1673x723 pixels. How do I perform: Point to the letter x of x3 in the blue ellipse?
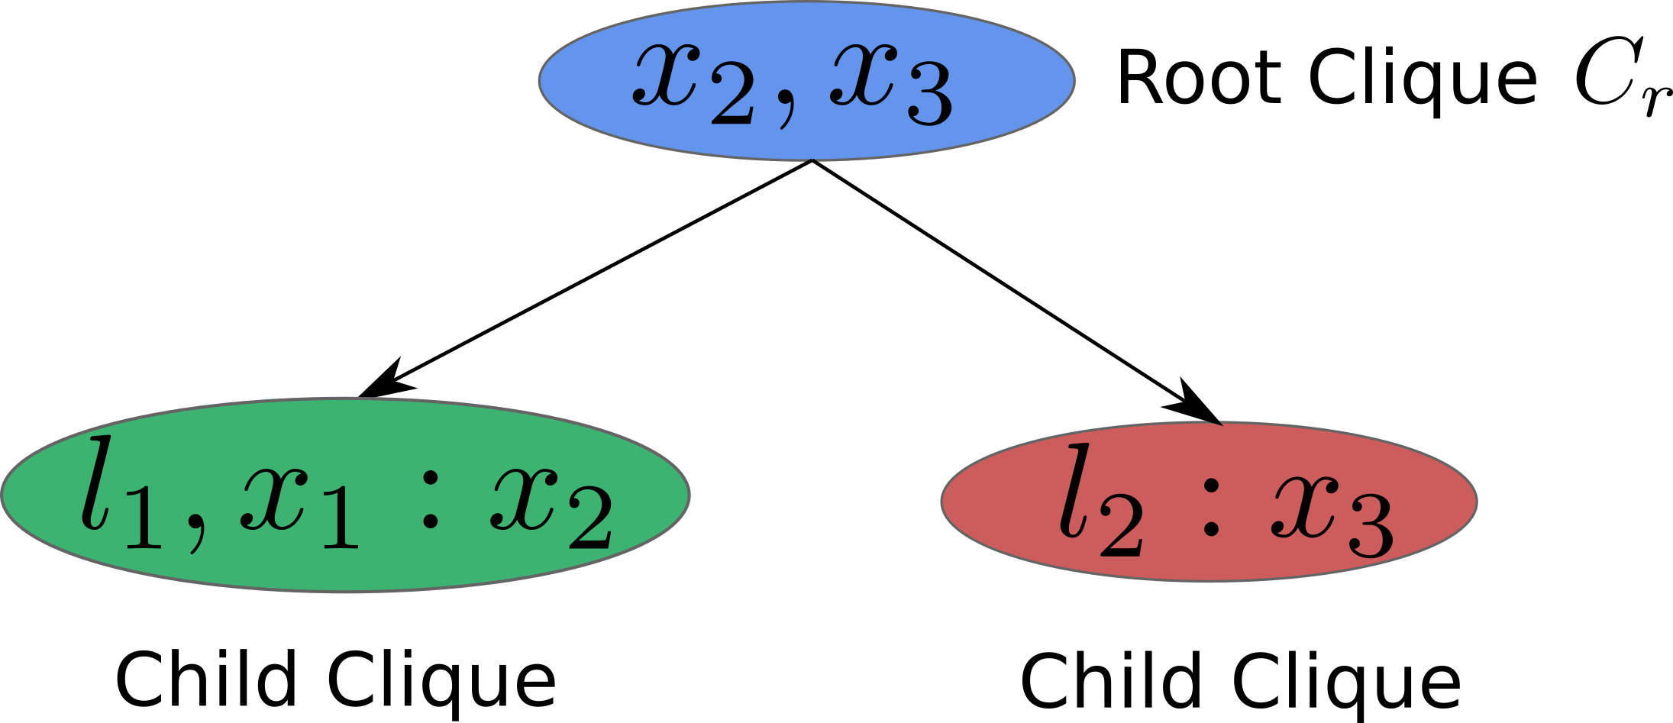pyautogui.click(x=861, y=74)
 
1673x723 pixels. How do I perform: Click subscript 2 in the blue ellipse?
pyautogui.click(x=732, y=100)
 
